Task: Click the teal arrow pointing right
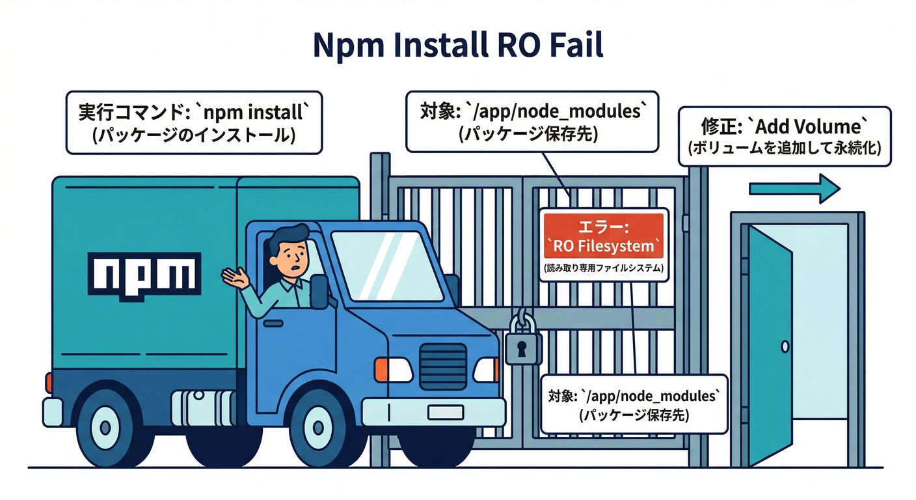[794, 189]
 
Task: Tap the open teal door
[770, 344]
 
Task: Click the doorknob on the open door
[785, 346]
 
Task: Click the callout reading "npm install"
[194, 122]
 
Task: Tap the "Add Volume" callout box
[784, 135]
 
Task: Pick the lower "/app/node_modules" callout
[634, 404]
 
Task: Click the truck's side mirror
[319, 290]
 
